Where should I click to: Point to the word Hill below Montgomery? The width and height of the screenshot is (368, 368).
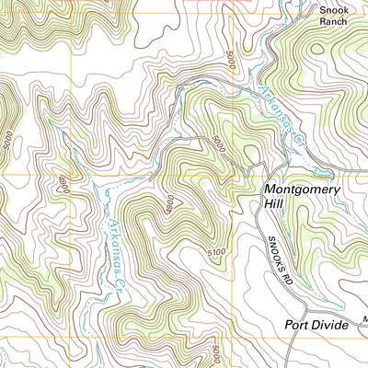277,205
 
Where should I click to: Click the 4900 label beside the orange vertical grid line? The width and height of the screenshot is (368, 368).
63,183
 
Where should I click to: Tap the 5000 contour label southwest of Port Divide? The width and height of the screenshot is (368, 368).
214,354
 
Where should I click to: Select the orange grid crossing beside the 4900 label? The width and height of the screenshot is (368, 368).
71,173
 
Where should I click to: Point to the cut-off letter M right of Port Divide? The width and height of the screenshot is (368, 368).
364,321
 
